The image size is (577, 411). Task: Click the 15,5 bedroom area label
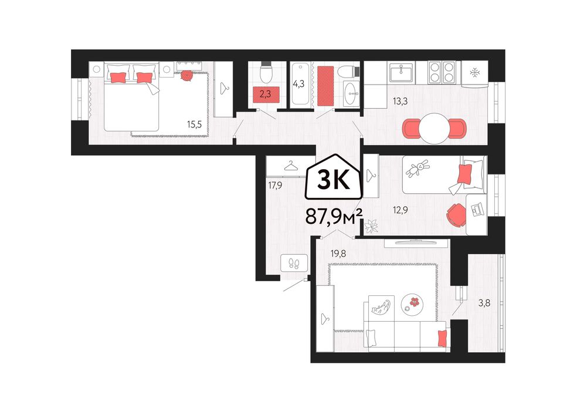194,124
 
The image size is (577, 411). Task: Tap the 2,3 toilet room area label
265,94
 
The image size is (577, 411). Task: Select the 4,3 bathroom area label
298,84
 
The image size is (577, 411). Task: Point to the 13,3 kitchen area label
400,101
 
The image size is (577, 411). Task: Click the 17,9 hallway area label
275,186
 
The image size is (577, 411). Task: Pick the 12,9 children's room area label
400,210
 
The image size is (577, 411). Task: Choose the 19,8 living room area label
338,254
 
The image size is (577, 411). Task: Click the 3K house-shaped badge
333,178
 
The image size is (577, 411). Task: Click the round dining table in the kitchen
435,128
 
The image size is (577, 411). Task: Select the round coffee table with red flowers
412,304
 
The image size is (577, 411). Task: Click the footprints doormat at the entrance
294,263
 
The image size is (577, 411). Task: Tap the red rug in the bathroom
325,85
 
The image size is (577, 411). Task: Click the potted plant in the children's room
371,226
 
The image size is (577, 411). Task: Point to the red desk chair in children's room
456,214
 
